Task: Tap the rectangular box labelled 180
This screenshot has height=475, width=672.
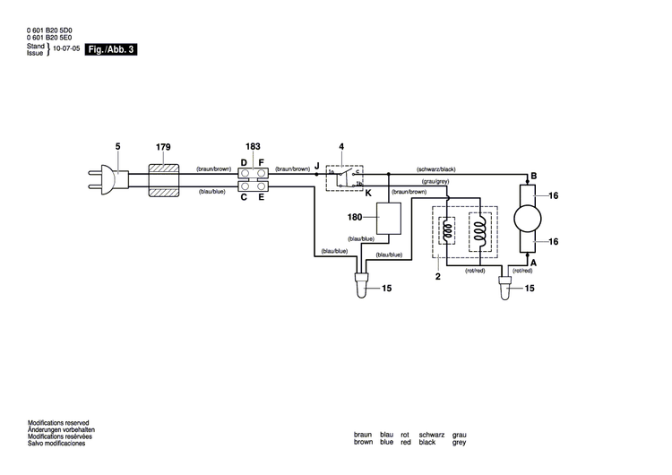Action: point(389,218)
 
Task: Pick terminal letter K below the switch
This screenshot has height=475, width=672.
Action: point(367,193)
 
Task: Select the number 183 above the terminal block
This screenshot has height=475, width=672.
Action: point(254,146)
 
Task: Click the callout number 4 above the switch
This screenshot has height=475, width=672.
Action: point(341,146)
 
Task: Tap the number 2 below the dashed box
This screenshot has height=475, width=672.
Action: point(438,278)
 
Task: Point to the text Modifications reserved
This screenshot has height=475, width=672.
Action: point(58,422)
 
